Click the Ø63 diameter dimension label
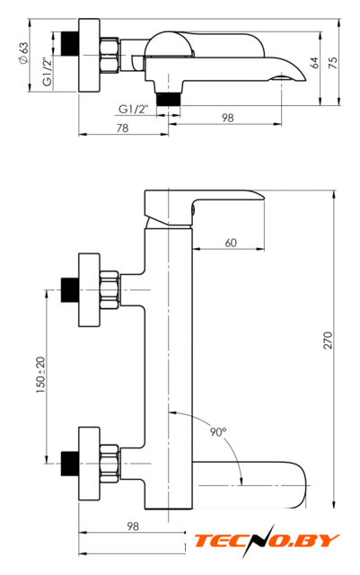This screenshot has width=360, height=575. coord(23,53)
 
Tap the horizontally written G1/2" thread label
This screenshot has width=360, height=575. coord(134,109)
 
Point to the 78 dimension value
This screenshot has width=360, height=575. coord(122,128)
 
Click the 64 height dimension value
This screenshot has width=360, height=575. coord(314,63)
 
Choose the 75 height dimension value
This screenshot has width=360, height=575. coord(333,63)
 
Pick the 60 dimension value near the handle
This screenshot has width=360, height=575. coord(231,243)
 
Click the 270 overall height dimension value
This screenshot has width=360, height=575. coord(328,341)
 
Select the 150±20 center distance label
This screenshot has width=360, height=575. coord(40,376)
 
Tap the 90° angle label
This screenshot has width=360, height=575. coord(218,432)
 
